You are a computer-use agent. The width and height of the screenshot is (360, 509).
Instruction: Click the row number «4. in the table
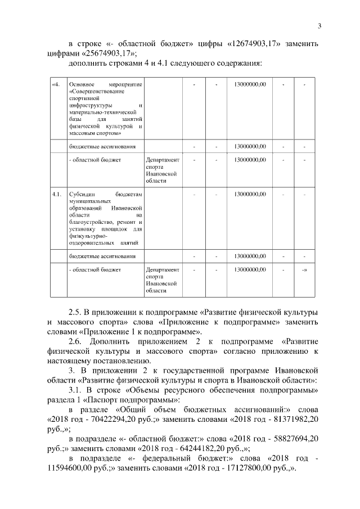[x=55, y=85]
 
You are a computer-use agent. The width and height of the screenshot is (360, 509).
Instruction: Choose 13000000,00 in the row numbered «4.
[x=249, y=85]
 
